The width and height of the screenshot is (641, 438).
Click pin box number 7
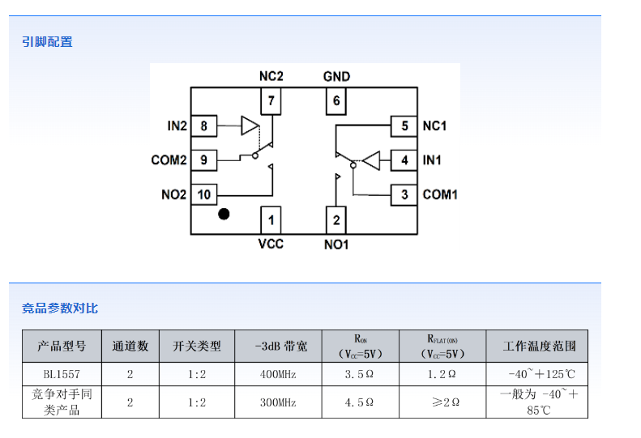[x=271, y=102]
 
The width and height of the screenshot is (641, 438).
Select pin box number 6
[x=336, y=102]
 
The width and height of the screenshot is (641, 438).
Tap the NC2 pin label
[x=271, y=76]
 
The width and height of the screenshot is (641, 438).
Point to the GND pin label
[x=336, y=76]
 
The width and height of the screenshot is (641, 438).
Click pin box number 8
[x=204, y=126]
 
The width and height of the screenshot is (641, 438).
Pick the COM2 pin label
[x=169, y=160]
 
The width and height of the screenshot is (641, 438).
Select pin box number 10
[x=204, y=194]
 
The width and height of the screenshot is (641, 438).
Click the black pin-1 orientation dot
[x=224, y=215]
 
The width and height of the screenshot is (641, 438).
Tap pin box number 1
[x=271, y=219]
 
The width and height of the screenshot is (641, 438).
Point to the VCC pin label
[x=271, y=244]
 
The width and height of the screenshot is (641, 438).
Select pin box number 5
[x=404, y=126]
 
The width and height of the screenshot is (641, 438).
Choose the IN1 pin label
[x=432, y=160]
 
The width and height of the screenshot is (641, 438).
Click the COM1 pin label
[x=440, y=194]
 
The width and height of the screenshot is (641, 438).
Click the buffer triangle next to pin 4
[x=371, y=160]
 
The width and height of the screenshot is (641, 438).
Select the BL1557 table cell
[x=62, y=374]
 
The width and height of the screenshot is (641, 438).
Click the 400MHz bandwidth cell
[x=278, y=374]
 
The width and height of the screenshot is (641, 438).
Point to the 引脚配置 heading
[x=47, y=41]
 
